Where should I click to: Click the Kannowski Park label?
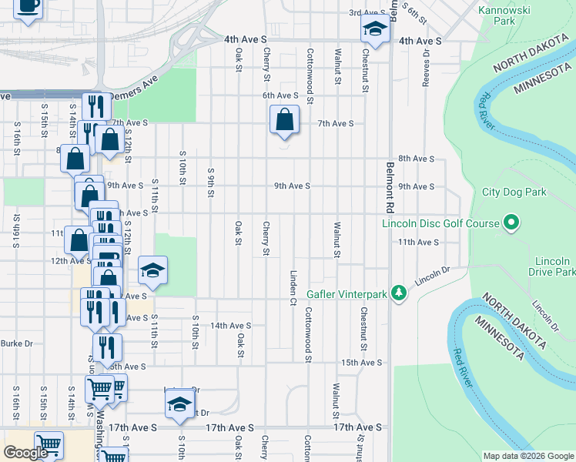[x=506, y=15]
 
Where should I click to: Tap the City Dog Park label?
[x=512, y=192]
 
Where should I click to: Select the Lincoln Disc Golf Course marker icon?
[x=511, y=224]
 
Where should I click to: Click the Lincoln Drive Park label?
[x=552, y=266]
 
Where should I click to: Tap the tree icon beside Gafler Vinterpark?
[x=398, y=293]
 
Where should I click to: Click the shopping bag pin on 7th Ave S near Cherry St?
[x=284, y=120]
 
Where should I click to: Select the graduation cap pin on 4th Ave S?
[x=374, y=30]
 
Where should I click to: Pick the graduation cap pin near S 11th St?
[x=152, y=271]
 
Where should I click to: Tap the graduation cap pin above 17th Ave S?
[x=179, y=404]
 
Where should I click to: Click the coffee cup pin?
[x=28, y=6]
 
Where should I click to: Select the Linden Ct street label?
[x=293, y=286]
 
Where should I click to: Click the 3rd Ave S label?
[x=367, y=13]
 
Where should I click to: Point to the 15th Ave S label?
[x=362, y=362]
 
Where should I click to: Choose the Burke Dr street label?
[x=17, y=343]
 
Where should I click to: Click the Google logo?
[x=25, y=453]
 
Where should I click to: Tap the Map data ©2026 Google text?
[x=527, y=456]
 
